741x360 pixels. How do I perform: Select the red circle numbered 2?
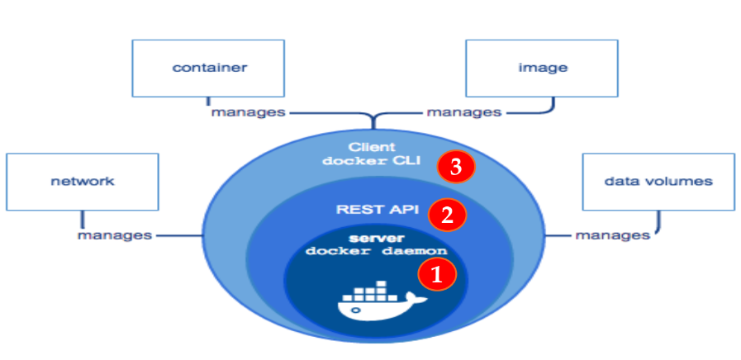pos(447,216)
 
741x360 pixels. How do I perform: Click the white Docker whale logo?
pos(381,304)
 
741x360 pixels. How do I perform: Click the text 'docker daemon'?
pos(376,250)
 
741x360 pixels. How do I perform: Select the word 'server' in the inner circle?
pos(375,238)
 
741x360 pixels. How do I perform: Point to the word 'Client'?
pos(373,147)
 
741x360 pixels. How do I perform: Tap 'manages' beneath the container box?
pos(248,111)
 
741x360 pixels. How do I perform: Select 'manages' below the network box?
pos(115,235)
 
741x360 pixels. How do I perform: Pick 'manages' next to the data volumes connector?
pos(612,235)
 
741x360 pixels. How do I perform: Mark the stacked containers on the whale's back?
pos(368,292)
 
